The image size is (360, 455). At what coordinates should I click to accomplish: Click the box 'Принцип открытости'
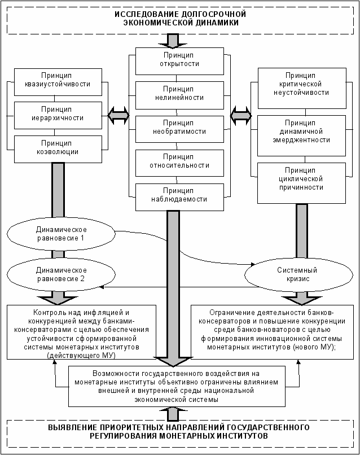click(x=179, y=61)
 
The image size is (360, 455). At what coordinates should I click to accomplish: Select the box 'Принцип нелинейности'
click(x=179, y=95)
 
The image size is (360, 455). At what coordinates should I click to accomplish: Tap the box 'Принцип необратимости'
click(x=179, y=129)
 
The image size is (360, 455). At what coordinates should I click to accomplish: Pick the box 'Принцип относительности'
click(x=179, y=163)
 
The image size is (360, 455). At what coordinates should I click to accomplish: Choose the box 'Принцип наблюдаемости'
click(x=179, y=197)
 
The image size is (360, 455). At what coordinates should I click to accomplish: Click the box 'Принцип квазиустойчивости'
click(x=58, y=82)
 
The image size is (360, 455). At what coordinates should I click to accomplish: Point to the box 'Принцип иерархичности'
click(x=58, y=116)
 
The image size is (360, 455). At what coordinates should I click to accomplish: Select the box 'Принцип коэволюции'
click(x=58, y=149)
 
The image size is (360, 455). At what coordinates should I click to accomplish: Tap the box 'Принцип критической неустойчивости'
click(x=302, y=88)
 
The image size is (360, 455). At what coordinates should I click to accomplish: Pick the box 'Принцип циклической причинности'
click(x=301, y=183)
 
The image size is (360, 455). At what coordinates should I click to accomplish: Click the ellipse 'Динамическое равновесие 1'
click(x=61, y=234)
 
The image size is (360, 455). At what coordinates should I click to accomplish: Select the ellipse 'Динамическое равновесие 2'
click(x=61, y=274)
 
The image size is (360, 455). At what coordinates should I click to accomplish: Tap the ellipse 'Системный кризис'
click(x=299, y=274)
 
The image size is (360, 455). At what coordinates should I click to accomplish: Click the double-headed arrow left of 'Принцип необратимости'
click(x=118, y=116)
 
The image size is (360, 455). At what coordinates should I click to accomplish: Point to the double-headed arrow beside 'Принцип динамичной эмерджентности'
click(x=241, y=116)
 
